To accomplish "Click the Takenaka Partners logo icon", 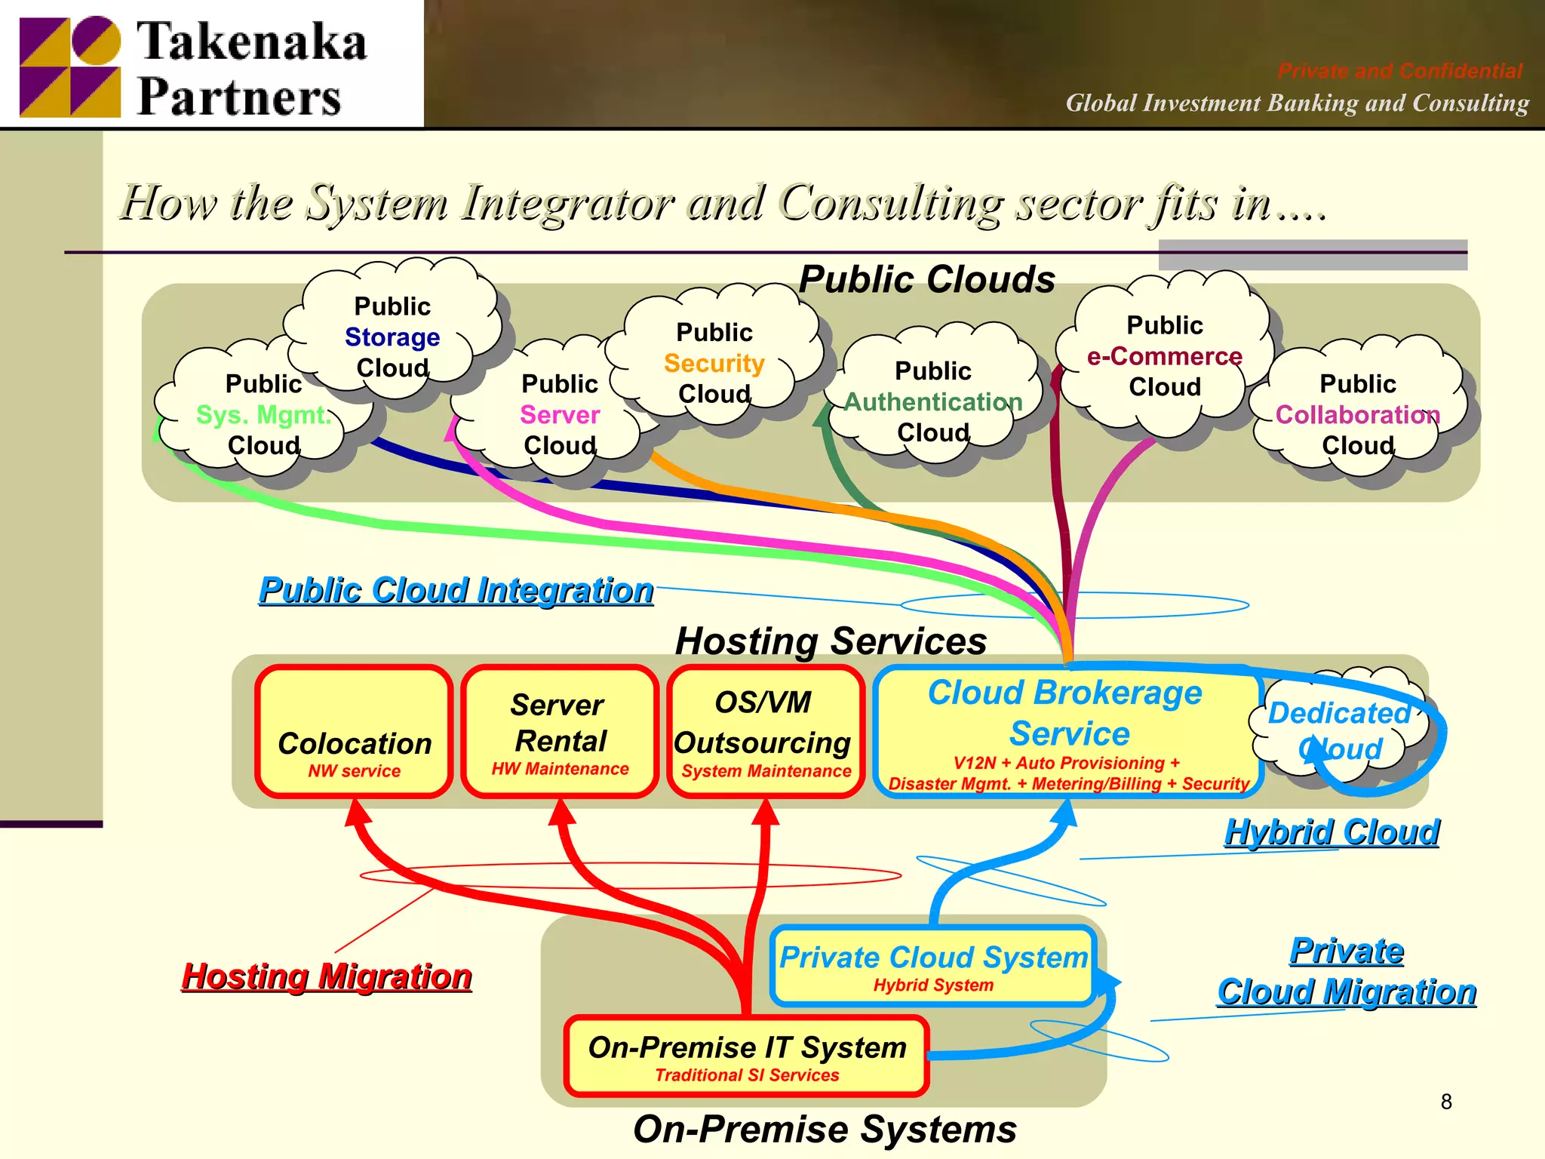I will pyautogui.click(x=69, y=66).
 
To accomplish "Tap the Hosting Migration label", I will pyautogui.click(x=327, y=976).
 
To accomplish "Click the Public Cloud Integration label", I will pyautogui.click(x=456, y=589).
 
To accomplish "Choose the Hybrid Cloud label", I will pyautogui.click(x=1332, y=832).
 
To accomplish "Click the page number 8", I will pyautogui.click(x=1445, y=1102).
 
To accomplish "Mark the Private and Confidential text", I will pyautogui.click(x=1399, y=71).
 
